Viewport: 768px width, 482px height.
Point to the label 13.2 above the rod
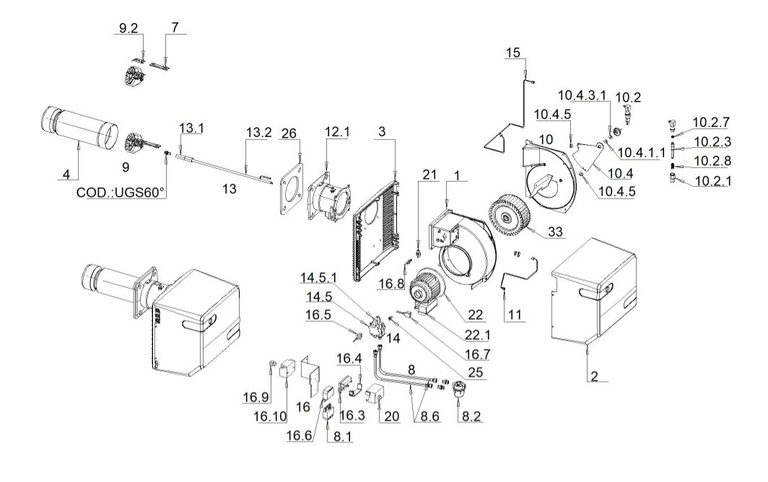(258, 134)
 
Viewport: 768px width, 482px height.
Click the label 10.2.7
(710, 121)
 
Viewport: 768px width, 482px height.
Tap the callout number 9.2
(128, 28)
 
